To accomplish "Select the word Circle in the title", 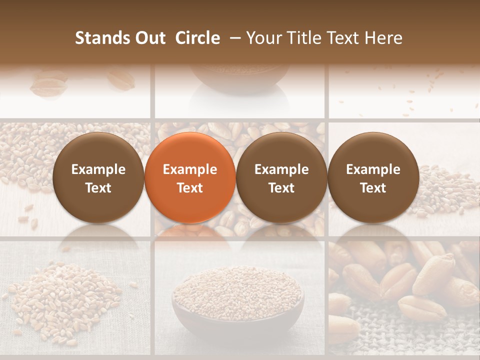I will tap(197, 38).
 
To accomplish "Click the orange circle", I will tap(190, 178).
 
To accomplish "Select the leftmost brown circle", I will tap(98, 178).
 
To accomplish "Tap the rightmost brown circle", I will tap(373, 178).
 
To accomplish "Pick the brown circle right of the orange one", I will tap(281, 178).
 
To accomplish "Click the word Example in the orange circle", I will tap(190, 169).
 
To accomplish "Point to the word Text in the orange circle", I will tap(190, 188).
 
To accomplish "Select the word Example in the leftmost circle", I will tap(98, 169).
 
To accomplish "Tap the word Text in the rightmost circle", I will tap(373, 188).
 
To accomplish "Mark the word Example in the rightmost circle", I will tap(373, 169).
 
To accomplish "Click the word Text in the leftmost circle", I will tap(98, 188).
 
